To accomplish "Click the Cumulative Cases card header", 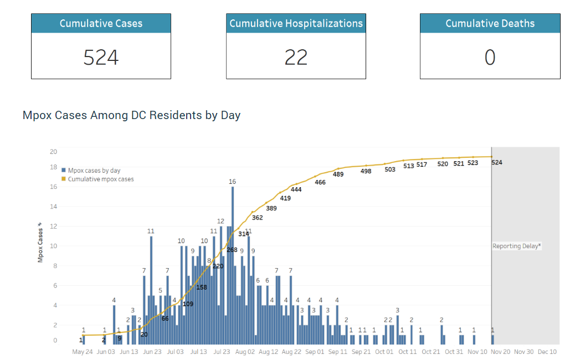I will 101,23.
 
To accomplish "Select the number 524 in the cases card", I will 101,57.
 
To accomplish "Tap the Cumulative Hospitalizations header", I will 296,23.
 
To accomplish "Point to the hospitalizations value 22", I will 296,57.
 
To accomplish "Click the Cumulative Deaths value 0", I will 490,57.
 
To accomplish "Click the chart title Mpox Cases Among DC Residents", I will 131,115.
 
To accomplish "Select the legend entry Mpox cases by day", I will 94,171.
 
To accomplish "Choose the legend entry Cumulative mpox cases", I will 100,179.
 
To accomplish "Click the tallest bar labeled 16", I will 233,266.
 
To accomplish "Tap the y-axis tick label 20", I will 54,152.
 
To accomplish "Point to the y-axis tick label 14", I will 54,207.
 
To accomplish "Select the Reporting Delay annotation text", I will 516,246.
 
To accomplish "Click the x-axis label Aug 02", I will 245,352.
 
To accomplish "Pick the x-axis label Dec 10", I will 547,352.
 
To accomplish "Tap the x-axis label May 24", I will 83,352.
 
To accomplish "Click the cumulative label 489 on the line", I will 338,174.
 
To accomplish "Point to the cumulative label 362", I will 257,218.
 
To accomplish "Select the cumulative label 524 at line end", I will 497,162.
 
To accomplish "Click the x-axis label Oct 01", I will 384,352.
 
